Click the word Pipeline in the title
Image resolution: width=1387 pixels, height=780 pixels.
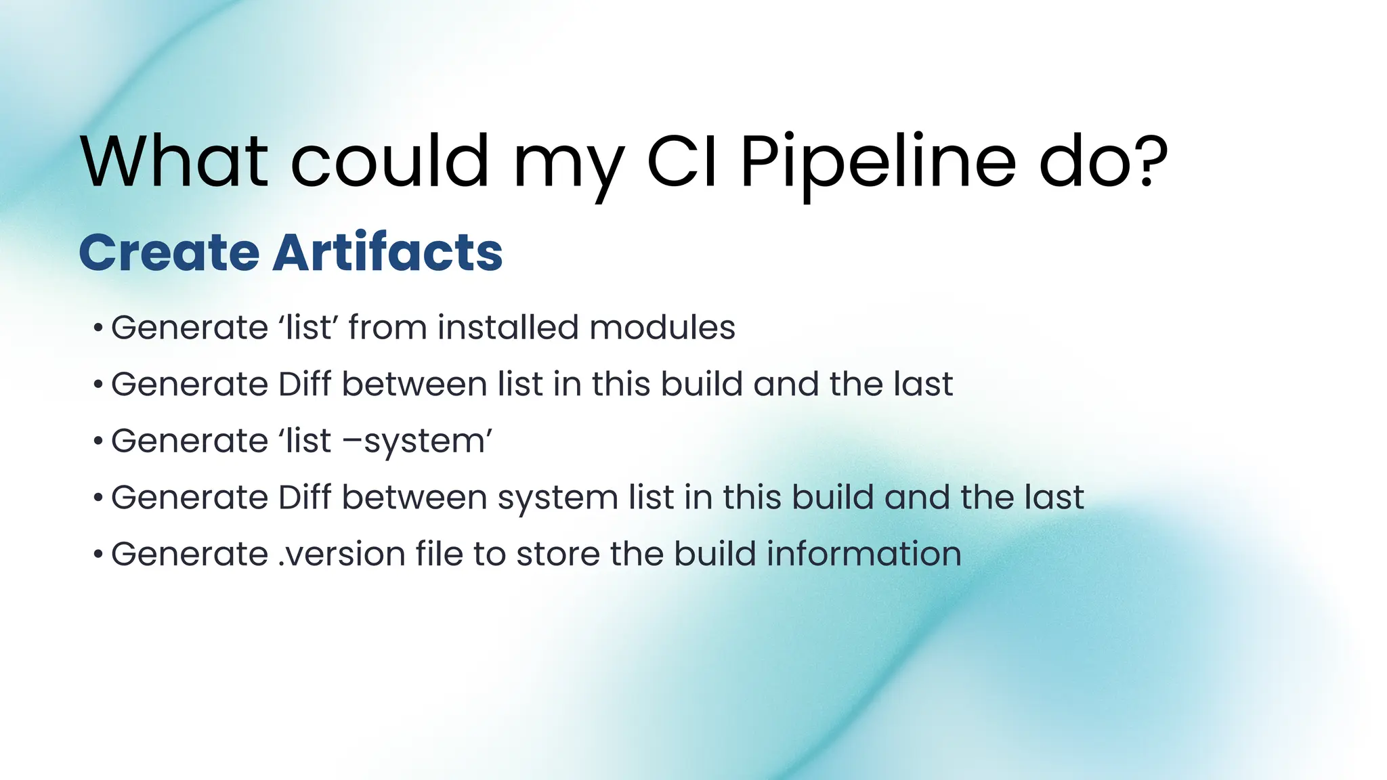(x=878, y=162)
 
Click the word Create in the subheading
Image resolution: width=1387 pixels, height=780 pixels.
(x=169, y=253)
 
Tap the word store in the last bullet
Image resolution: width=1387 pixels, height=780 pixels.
(x=558, y=554)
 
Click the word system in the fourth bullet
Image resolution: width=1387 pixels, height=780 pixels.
(x=557, y=498)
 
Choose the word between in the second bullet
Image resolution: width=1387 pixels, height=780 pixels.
(x=414, y=385)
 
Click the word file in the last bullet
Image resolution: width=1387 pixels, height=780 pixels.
(x=438, y=554)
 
